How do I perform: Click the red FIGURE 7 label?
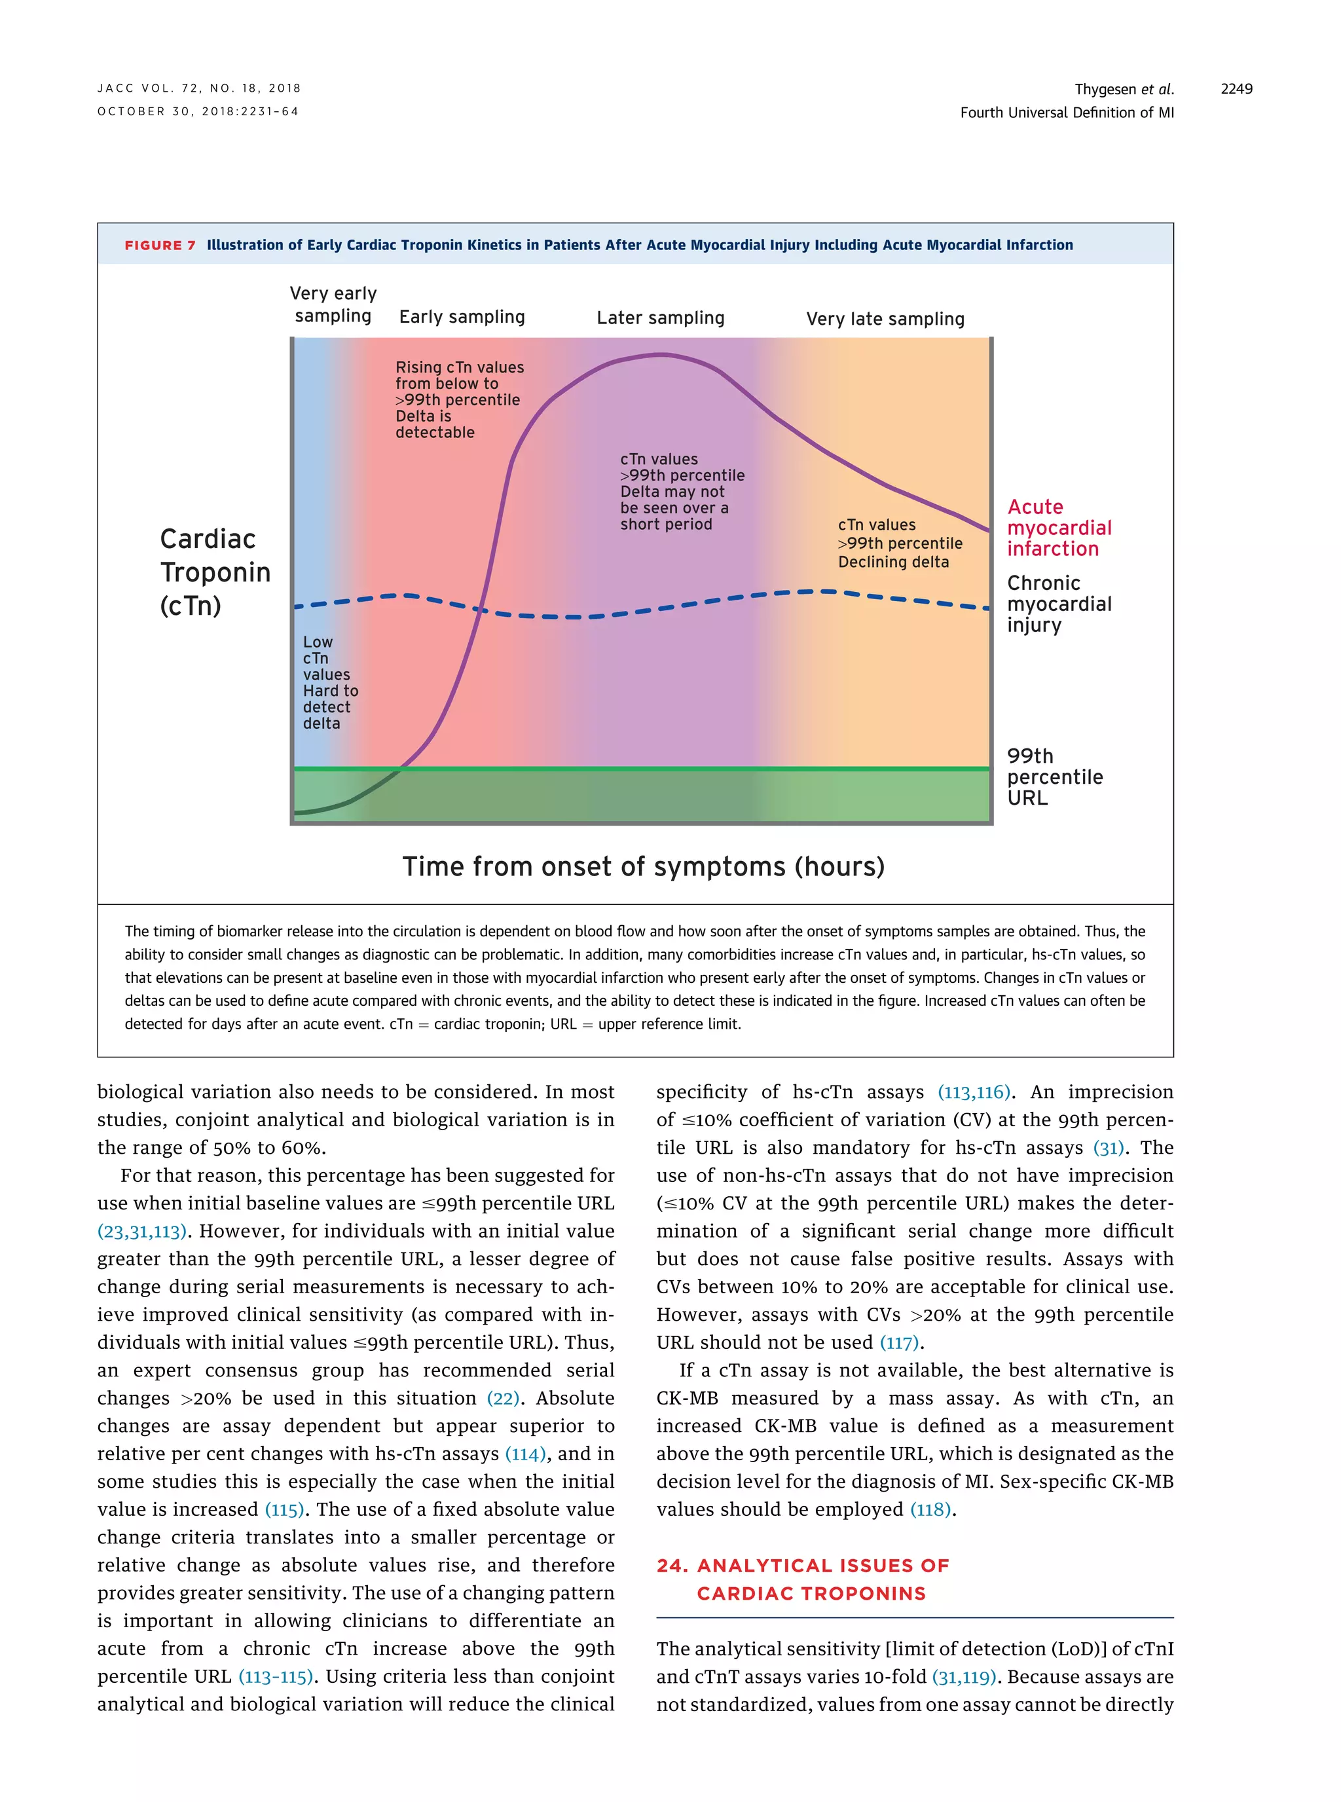[x=160, y=245]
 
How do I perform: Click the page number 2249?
[x=1236, y=88]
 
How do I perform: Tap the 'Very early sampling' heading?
[x=333, y=304]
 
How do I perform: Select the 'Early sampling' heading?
[x=462, y=316]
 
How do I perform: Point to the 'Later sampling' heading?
[x=660, y=318]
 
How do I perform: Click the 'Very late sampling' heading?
[x=885, y=319]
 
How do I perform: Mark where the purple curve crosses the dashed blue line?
[x=481, y=609]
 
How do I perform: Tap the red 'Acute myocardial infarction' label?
[x=1059, y=528]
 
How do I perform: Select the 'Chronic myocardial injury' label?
[x=1059, y=604]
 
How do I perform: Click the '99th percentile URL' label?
[x=1054, y=777]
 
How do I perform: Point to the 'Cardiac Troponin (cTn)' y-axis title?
[x=214, y=572]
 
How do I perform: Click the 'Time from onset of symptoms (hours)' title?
[x=643, y=866]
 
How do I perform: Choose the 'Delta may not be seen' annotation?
[x=681, y=491]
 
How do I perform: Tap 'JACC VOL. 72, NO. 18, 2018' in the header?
[x=199, y=88]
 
